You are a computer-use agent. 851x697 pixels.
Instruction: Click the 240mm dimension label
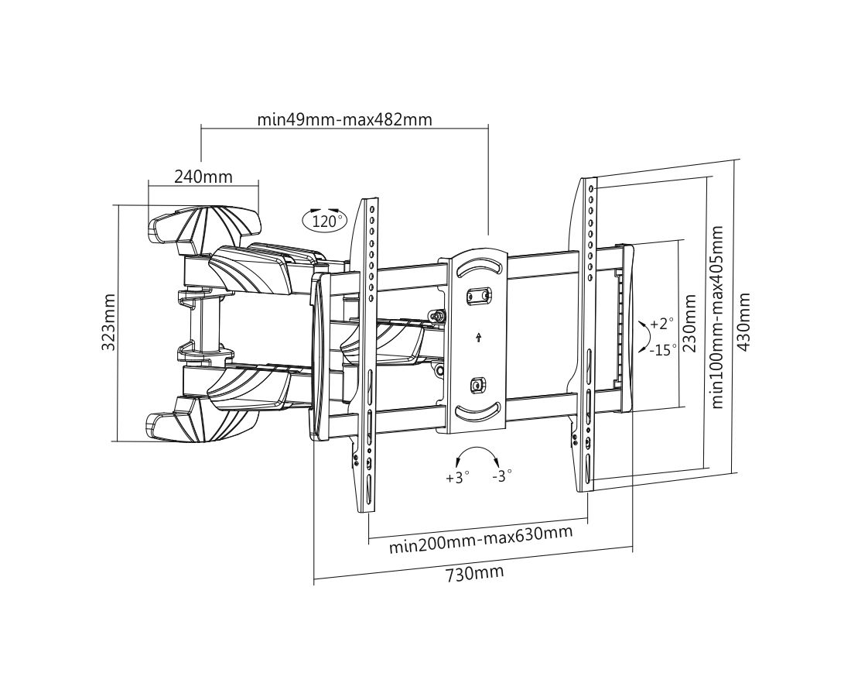[x=203, y=176]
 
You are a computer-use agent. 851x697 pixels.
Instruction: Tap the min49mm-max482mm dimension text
[x=344, y=119]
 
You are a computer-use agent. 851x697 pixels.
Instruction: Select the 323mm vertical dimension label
[x=109, y=322]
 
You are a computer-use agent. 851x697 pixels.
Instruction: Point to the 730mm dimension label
[x=474, y=574]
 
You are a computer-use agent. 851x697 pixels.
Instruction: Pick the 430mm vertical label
[x=744, y=321]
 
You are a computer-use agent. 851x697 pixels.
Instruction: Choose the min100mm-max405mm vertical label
[x=718, y=317]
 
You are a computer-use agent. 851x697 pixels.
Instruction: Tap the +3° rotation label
[x=457, y=477]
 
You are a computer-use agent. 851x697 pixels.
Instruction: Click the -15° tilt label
[x=663, y=349]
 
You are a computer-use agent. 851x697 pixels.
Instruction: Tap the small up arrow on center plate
[x=479, y=337]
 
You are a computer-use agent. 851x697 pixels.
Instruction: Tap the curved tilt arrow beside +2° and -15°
[x=642, y=336]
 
